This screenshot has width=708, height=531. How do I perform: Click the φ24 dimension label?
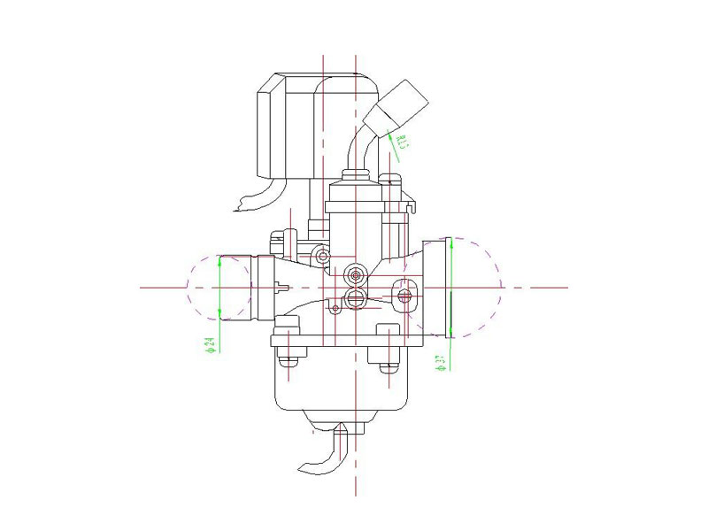[210, 344]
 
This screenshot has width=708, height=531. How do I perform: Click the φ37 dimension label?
[440, 361]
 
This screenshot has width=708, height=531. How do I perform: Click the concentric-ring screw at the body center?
[357, 274]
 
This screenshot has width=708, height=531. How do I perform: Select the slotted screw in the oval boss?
[406, 295]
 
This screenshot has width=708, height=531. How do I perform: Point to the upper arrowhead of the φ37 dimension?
[451, 243]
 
